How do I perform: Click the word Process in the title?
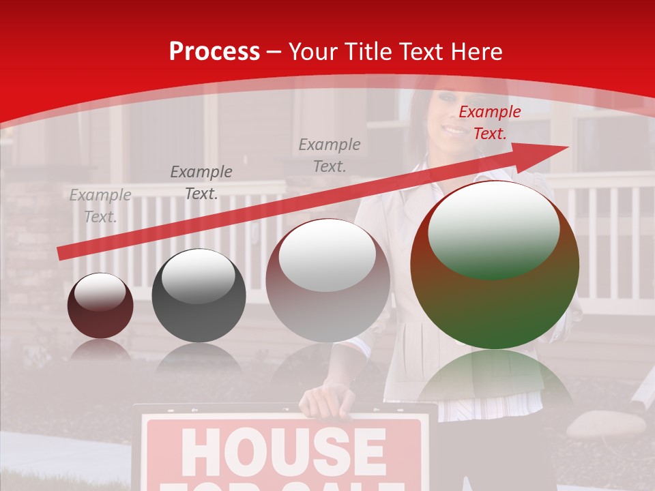coord(214,52)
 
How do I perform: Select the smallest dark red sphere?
coord(100,306)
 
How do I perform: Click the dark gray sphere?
coord(199,296)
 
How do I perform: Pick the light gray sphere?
coord(327,280)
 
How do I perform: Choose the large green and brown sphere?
coord(495,265)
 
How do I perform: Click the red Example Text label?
coord(489,123)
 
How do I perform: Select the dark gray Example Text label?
coord(201,183)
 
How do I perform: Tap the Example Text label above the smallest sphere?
coord(100,206)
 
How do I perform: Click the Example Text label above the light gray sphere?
coord(330,155)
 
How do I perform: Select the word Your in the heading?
coord(314,52)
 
